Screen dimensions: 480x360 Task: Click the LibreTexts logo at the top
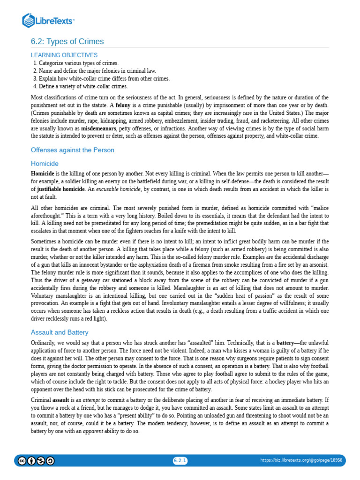click(48, 21)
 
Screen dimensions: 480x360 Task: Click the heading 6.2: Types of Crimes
click(67, 41)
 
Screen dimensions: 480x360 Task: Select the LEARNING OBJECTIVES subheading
click(64, 55)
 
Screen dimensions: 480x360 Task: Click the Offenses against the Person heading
click(72, 150)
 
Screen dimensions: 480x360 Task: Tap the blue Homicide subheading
click(45, 164)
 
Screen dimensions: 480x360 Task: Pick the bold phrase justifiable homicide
click(61, 189)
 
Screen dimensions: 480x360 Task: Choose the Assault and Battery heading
click(60, 332)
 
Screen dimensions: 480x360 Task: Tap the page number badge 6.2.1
click(180, 460)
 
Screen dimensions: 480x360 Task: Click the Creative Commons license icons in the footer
click(36, 461)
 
